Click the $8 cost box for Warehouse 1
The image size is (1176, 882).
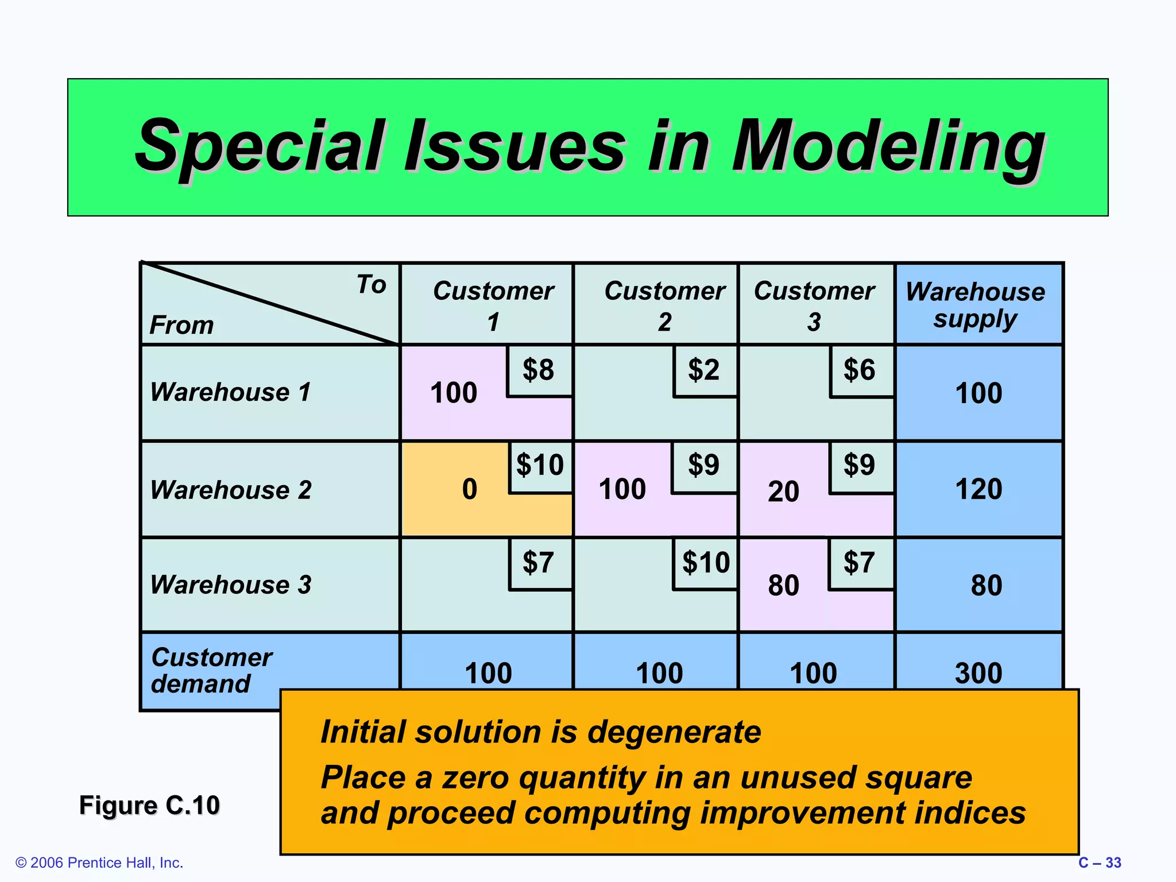tap(539, 370)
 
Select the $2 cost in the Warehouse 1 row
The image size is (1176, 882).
tap(704, 370)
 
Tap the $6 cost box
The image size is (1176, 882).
tap(860, 370)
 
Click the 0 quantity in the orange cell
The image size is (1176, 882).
tap(470, 489)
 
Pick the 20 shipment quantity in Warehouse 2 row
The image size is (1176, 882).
tap(783, 492)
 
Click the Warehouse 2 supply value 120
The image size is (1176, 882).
tap(978, 489)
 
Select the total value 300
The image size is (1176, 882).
tap(978, 673)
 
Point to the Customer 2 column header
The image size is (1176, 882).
tap(664, 305)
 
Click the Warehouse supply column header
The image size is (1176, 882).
tap(976, 305)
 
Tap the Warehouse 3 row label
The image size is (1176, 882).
tap(230, 585)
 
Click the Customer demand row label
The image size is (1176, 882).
tap(211, 671)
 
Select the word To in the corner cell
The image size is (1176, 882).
tap(371, 285)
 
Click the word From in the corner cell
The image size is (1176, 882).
tap(181, 326)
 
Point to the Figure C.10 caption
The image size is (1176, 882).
tap(149, 805)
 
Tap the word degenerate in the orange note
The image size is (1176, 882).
tap(674, 732)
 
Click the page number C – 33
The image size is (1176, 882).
tap(1099, 863)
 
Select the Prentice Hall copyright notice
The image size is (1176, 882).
tap(99, 863)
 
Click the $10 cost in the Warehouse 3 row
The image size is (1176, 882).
tap(706, 563)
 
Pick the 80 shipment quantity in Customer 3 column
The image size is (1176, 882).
tap(783, 586)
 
